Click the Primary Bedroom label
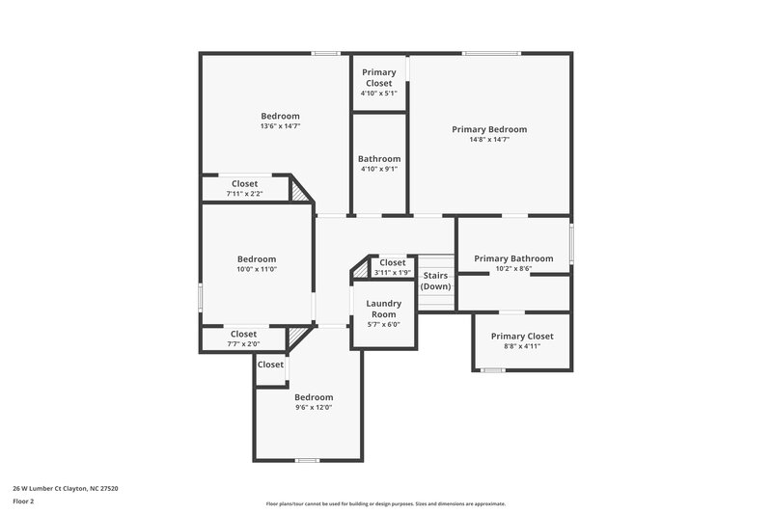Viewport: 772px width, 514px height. click(x=489, y=129)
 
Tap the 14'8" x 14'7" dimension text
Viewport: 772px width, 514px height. click(x=489, y=140)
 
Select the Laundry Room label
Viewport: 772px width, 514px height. click(x=383, y=309)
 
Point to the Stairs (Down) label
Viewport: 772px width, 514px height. click(x=435, y=281)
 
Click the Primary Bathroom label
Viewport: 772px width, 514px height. click(x=513, y=258)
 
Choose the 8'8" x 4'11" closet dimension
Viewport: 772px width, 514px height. click(x=521, y=346)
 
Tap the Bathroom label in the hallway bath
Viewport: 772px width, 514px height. click(x=379, y=159)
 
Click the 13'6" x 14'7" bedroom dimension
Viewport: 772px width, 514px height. click(x=280, y=126)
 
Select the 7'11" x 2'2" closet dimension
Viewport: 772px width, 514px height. click(x=244, y=194)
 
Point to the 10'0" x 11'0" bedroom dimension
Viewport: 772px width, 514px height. click(x=257, y=269)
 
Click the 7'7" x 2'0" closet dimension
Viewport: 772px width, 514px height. click(x=243, y=344)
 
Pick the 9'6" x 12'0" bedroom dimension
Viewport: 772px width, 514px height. click(x=314, y=408)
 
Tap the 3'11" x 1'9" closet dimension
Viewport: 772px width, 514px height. click(x=392, y=273)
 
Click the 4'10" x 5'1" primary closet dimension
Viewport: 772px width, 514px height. click(x=378, y=94)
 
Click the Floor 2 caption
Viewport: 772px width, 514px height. click(x=23, y=501)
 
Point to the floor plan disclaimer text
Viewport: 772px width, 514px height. click(x=385, y=503)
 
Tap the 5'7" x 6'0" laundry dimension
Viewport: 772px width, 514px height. click(x=383, y=325)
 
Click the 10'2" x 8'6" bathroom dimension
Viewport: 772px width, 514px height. click(x=513, y=269)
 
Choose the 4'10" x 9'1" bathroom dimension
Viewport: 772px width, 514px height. click(x=379, y=169)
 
